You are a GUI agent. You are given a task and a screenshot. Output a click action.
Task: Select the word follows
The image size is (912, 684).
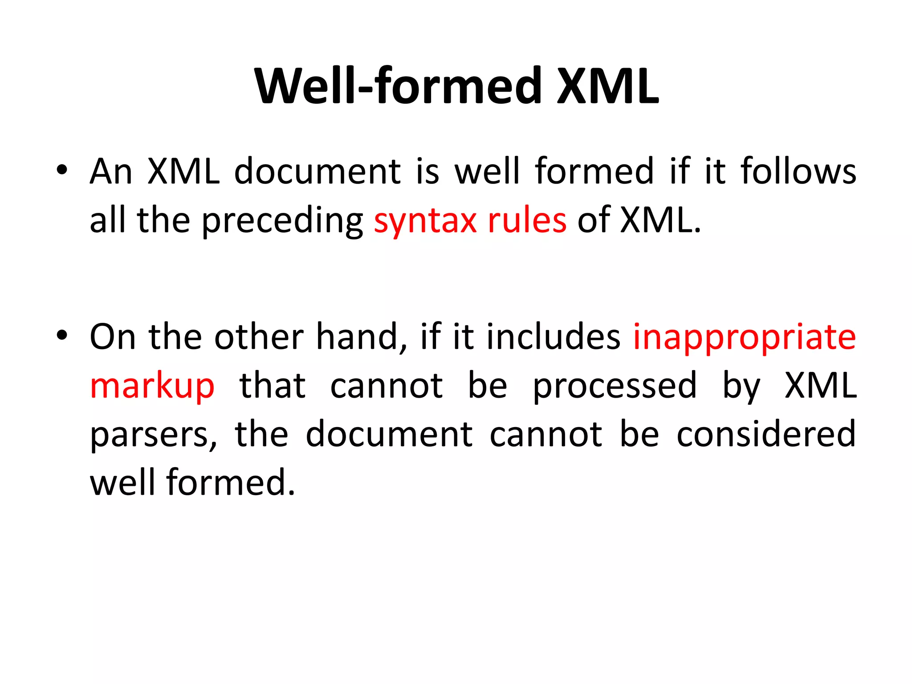(x=798, y=171)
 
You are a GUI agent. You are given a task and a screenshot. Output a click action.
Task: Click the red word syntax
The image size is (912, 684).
(x=425, y=221)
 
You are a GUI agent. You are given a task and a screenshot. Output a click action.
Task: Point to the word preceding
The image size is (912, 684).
(x=282, y=222)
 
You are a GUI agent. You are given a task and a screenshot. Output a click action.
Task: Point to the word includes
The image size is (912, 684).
(x=553, y=337)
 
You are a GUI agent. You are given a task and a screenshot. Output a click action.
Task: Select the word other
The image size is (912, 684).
(x=259, y=337)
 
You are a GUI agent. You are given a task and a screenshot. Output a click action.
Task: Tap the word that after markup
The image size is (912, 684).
(x=273, y=386)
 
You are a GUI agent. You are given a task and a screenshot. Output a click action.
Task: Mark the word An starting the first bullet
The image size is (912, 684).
(x=111, y=172)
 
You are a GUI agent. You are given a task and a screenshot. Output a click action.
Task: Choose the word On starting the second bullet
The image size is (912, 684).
(x=112, y=337)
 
